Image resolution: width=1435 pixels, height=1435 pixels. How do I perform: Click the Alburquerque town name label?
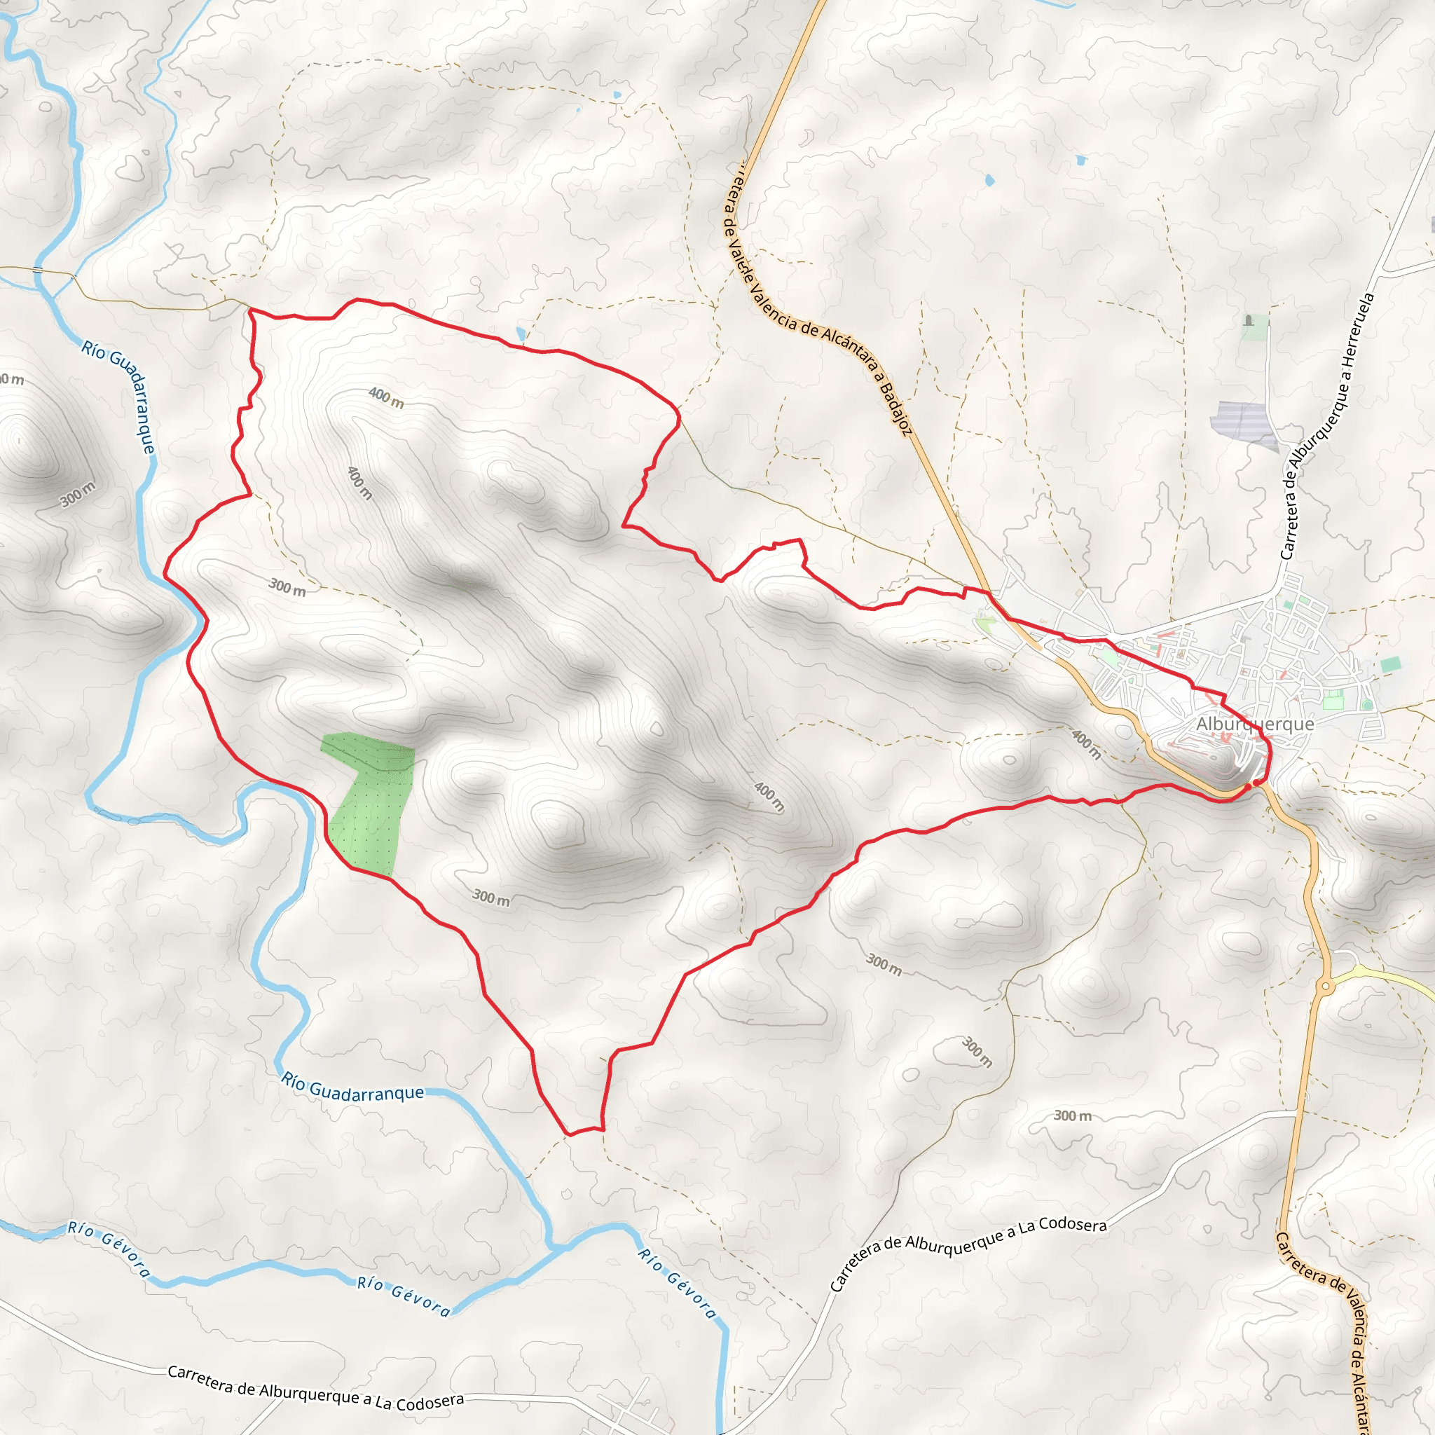click(1254, 723)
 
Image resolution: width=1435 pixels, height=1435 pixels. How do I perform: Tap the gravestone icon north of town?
click(1249, 321)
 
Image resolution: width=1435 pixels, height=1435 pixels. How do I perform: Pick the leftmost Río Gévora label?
click(109, 1249)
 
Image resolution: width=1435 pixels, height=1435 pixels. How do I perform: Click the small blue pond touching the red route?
click(521, 334)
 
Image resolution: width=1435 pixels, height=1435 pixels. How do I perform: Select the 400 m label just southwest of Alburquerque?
click(1086, 744)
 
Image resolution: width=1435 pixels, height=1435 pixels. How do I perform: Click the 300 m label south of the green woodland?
click(491, 898)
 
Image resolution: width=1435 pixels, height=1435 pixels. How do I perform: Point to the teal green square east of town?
click(1391, 665)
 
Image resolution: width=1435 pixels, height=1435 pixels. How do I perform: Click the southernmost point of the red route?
click(568, 1134)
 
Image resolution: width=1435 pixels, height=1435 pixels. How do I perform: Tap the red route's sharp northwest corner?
click(249, 310)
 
